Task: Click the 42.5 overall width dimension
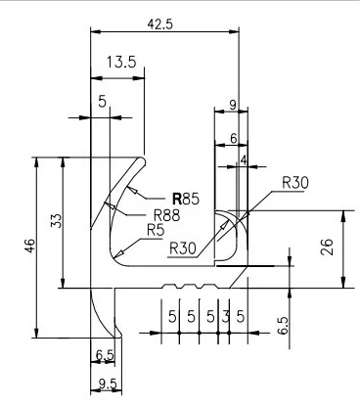(x=161, y=23)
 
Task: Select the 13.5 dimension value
(x=120, y=62)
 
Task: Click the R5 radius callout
(x=156, y=231)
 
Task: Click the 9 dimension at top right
(x=231, y=103)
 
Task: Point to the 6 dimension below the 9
(x=233, y=140)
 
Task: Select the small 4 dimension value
(x=242, y=158)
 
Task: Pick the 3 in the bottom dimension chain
(x=226, y=317)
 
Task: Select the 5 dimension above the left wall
(x=102, y=100)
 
